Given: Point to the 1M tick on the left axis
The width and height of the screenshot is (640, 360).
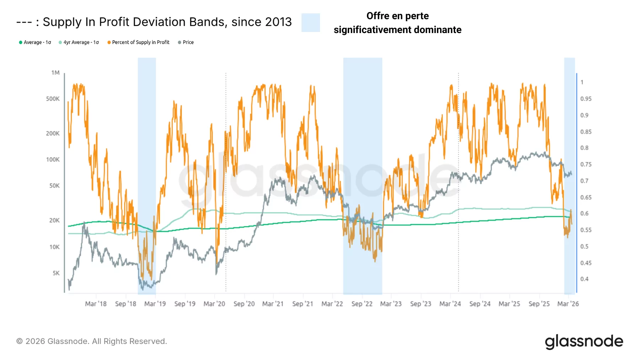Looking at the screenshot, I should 55,72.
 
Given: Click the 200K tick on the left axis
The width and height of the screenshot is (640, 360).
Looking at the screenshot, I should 53,133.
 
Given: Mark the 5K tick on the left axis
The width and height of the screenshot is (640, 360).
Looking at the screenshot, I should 56,273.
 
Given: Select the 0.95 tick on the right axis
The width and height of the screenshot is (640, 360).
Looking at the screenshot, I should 586,99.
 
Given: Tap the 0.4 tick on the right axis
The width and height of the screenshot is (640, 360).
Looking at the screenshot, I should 584,279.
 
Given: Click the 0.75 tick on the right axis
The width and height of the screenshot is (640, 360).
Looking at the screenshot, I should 586,165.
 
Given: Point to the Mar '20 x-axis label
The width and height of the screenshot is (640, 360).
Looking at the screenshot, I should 214,304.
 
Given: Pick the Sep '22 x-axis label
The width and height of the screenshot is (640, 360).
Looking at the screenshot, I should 362,304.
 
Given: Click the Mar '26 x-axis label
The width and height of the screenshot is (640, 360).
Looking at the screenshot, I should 568,304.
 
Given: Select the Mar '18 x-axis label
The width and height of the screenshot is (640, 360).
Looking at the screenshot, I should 96,304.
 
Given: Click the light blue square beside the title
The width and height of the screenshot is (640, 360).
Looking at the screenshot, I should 310,23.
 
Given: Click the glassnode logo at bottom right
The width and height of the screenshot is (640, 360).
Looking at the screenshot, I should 584,342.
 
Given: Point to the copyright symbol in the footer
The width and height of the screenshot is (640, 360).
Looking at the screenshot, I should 20,341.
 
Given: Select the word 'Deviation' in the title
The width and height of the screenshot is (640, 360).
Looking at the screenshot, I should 160,22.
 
